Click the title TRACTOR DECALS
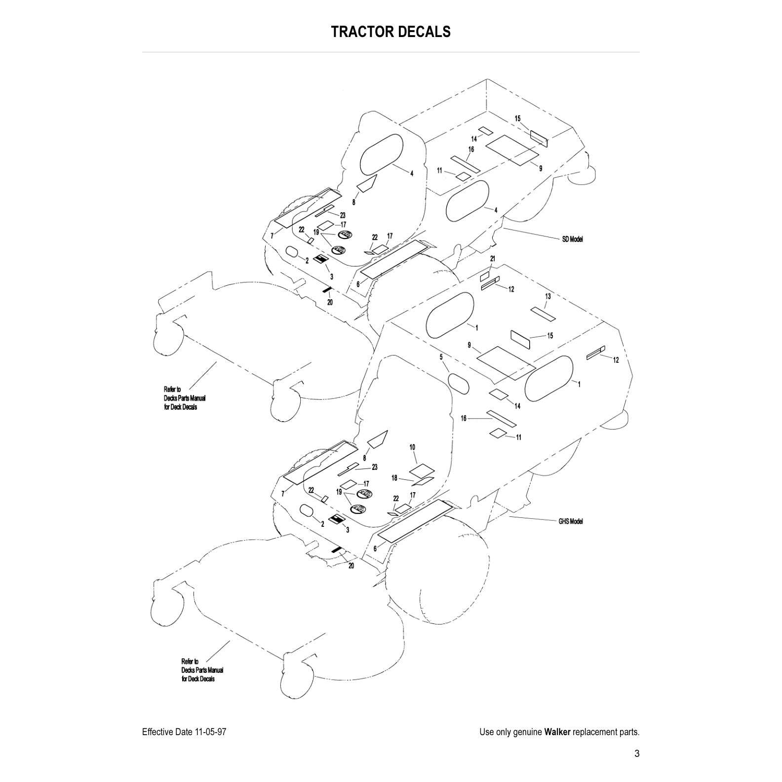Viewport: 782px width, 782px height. [391, 32]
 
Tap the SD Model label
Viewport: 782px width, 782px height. [573, 239]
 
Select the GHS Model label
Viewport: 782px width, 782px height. [571, 521]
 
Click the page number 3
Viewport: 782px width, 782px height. [637, 753]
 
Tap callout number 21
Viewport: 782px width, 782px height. [492, 259]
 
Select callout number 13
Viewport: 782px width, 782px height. [548, 296]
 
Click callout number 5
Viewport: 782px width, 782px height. [441, 356]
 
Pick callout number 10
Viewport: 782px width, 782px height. [413, 447]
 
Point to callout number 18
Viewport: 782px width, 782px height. [394, 478]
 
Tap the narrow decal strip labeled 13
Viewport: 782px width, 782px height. [543, 314]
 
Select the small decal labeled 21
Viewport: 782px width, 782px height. [484, 276]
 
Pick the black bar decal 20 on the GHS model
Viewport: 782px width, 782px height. [336, 549]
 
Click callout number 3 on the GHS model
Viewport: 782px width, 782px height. [348, 530]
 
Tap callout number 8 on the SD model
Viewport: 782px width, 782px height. [354, 202]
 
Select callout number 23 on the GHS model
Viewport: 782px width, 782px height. [375, 467]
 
